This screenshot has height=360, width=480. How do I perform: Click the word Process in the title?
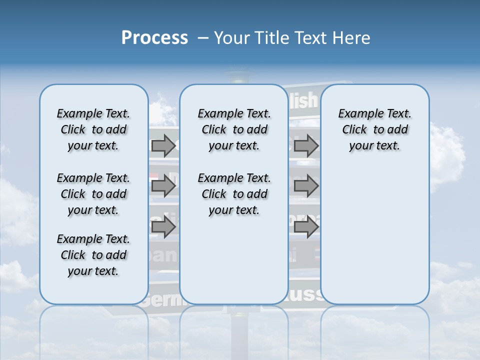[x=154, y=37]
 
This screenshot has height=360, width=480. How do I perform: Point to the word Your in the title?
[x=232, y=37]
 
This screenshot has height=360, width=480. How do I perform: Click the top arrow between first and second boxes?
[x=163, y=145]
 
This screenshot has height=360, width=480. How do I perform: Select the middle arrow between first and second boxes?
[x=163, y=186]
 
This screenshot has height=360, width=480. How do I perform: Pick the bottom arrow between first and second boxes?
[x=163, y=227]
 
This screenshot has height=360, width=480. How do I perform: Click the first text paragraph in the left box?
[x=93, y=129]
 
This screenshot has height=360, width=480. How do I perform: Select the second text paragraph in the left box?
[x=93, y=194]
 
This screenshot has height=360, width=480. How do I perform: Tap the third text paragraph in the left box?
[x=93, y=255]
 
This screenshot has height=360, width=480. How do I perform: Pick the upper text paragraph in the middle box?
[x=234, y=129]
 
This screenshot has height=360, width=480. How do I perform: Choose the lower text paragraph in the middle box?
[x=234, y=194]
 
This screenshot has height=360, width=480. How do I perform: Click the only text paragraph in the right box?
[x=374, y=129]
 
